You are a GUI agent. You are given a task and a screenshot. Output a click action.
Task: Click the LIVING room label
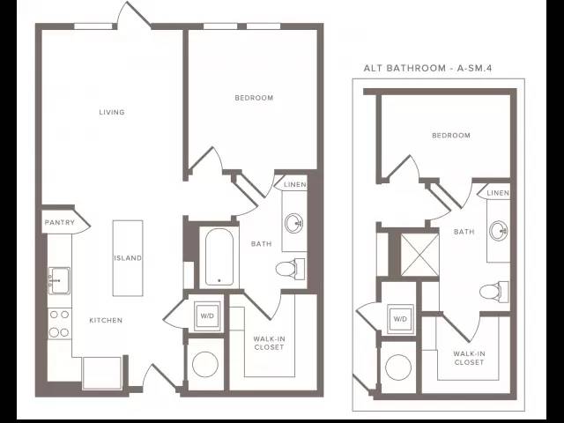(x=112, y=112)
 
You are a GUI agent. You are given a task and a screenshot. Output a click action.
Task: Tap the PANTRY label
(x=60, y=223)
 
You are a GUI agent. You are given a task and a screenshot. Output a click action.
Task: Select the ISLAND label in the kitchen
(x=128, y=258)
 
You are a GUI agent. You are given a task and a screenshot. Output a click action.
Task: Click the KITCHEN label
(x=106, y=320)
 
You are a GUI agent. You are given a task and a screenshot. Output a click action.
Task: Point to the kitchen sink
(x=59, y=280)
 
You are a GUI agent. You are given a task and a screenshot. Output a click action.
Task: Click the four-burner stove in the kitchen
(x=59, y=323)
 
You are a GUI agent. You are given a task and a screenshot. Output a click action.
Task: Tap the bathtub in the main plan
(x=219, y=256)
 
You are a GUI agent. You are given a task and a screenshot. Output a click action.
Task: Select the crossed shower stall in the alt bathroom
(x=419, y=255)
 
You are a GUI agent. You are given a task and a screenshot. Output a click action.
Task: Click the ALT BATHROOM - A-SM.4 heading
(x=427, y=68)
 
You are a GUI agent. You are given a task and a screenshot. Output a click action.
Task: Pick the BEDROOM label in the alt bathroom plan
(x=451, y=135)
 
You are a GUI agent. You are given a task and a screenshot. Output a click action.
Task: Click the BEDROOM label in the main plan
(x=254, y=98)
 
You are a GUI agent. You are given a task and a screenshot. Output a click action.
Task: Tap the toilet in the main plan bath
(x=290, y=269)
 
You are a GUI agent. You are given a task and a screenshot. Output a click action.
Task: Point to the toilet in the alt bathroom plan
(x=494, y=291)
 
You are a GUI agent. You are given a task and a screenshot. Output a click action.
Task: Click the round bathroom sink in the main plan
(x=293, y=223)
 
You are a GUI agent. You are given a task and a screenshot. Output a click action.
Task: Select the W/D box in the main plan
(x=207, y=315)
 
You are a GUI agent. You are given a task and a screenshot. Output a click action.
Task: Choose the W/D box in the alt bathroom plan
(x=400, y=319)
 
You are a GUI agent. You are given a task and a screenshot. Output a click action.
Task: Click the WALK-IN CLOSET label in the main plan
(x=269, y=343)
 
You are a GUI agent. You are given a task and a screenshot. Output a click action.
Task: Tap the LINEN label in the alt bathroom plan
(x=498, y=193)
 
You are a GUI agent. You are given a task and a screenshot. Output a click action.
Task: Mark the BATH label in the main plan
(x=262, y=244)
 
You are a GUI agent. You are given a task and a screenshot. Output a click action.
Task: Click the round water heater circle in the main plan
(x=205, y=364)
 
